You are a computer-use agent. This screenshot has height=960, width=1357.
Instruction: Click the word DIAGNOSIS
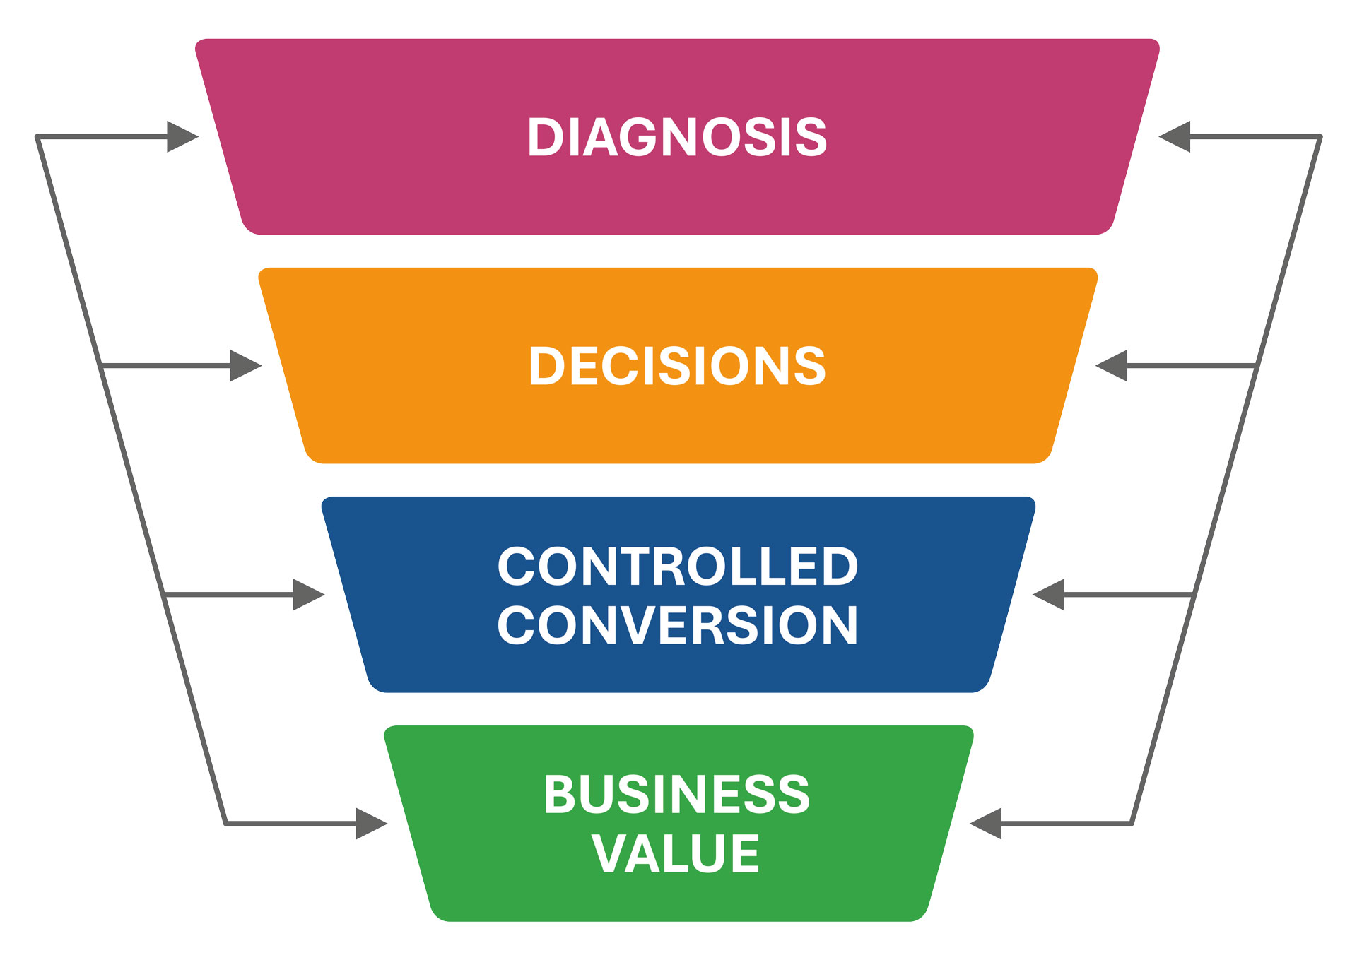[x=677, y=137]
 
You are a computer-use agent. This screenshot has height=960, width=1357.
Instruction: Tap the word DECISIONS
[x=677, y=366]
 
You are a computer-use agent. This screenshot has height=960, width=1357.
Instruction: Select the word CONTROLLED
[x=677, y=567]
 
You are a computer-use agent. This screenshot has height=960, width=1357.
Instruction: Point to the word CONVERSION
[x=677, y=625]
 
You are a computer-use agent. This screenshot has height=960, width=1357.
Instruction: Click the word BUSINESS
[x=676, y=795]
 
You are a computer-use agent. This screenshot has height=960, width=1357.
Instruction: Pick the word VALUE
[x=675, y=853]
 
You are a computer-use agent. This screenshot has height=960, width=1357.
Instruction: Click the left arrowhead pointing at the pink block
[x=182, y=137]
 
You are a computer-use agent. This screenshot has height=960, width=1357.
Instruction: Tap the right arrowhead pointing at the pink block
[x=1175, y=137]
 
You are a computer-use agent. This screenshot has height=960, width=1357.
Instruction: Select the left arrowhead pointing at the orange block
[x=245, y=366]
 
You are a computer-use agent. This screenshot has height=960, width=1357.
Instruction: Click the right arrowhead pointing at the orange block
[x=1112, y=366]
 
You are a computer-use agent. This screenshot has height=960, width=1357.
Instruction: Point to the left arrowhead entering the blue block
[x=308, y=595]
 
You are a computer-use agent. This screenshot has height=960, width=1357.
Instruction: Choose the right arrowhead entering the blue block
[x=1049, y=595]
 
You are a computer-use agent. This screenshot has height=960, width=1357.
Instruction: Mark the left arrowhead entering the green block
[x=371, y=824]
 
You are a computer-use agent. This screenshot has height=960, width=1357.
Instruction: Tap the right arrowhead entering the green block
[x=986, y=824]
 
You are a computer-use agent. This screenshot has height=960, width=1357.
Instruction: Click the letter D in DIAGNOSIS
[x=545, y=137]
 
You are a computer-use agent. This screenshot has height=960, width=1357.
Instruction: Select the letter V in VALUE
[x=609, y=853]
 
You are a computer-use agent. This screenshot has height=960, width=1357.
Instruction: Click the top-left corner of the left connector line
[x=37, y=137]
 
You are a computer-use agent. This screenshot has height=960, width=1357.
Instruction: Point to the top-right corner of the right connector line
[x=1320, y=137]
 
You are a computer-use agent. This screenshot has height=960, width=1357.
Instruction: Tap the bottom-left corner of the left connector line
[x=225, y=824]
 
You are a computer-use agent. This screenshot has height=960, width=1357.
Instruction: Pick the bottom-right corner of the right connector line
[x=1132, y=824]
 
